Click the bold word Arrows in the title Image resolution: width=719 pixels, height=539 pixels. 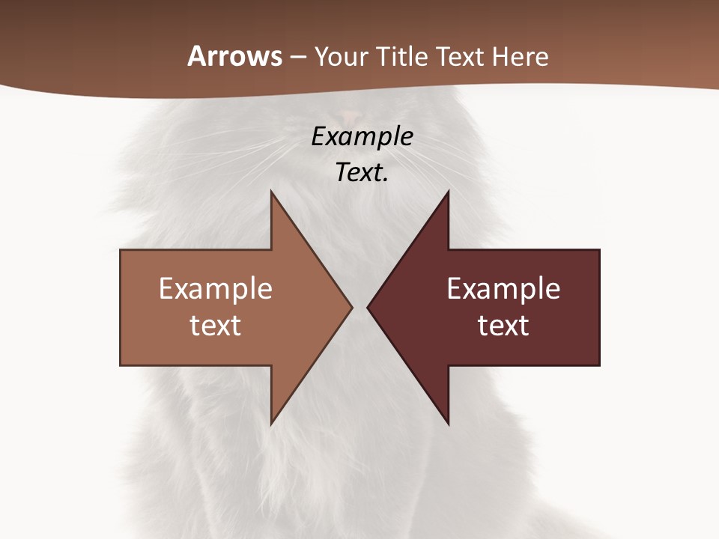coord(235,56)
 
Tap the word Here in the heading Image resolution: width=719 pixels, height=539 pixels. coord(520,56)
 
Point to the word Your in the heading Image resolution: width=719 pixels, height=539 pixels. coord(339,56)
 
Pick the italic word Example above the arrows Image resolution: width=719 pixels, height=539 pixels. coord(362,136)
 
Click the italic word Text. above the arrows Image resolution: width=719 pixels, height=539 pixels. coord(362,172)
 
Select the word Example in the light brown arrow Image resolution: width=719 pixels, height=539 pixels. coord(216,288)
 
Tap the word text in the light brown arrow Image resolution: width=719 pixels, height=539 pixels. coord(216,325)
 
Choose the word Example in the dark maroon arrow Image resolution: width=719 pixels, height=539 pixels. coord(503,288)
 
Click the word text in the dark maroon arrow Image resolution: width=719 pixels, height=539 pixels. coord(503,325)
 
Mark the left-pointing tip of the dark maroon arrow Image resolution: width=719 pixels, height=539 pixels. coord(368,307)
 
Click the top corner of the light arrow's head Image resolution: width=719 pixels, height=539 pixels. coord(272,192)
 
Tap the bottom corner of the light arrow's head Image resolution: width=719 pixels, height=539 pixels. coord(272,423)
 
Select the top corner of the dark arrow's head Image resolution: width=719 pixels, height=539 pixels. coord(447,192)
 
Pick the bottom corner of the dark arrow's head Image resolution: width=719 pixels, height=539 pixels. coord(447,423)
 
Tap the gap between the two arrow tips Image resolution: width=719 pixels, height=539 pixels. coord(359,307)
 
